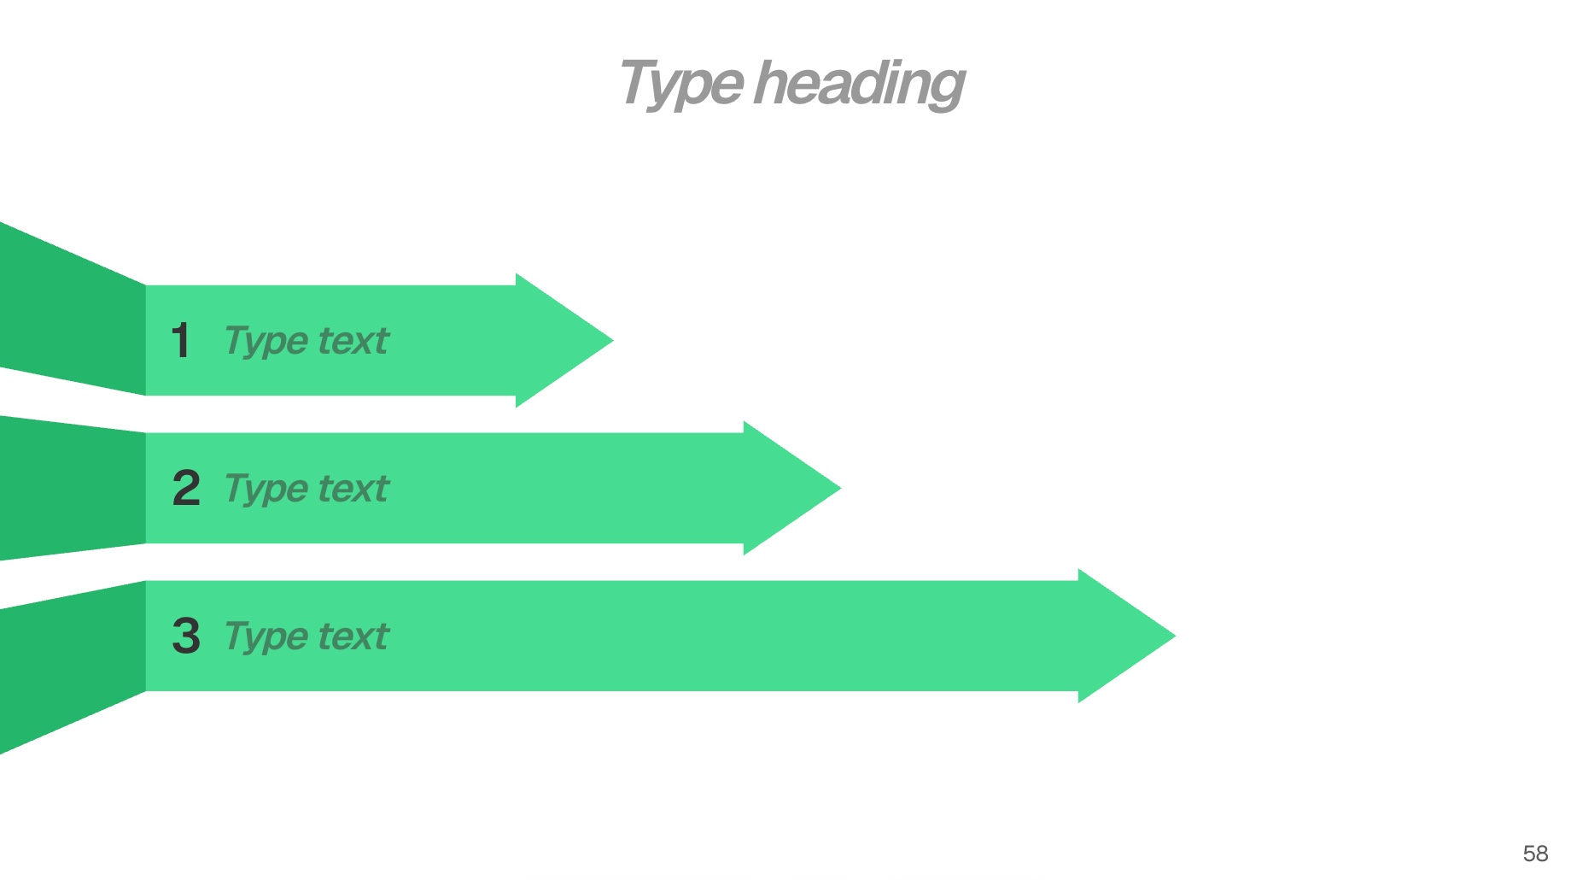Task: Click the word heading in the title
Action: pyautogui.click(x=860, y=85)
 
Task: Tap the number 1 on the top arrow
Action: pyautogui.click(x=181, y=340)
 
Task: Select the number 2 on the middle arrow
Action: pyautogui.click(x=186, y=488)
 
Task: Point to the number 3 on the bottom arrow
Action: pyautogui.click(x=186, y=636)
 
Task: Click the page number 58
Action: pyautogui.click(x=1535, y=854)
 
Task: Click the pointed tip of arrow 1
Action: pyautogui.click(x=613, y=340)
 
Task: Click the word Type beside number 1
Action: pyautogui.click(x=266, y=342)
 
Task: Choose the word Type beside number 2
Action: pyautogui.click(x=266, y=490)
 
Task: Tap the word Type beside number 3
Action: pyautogui.click(x=266, y=637)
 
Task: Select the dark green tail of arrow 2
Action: pyautogui.click(x=73, y=488)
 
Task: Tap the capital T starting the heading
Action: pyautogui.click(x=640, y=82)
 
